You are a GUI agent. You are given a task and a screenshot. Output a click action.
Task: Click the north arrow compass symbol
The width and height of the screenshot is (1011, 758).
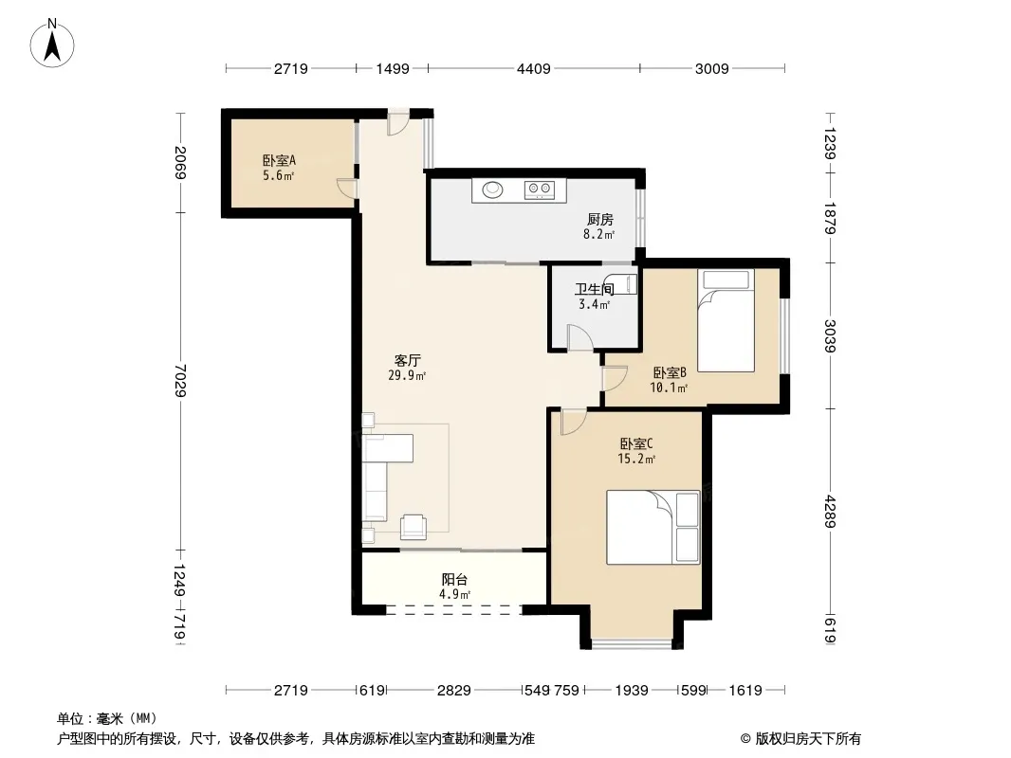[52, 44]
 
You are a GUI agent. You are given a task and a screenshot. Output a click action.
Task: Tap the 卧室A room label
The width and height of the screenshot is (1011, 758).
[279, 160]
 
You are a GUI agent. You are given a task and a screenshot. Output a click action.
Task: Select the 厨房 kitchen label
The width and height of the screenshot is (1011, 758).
[599, 220]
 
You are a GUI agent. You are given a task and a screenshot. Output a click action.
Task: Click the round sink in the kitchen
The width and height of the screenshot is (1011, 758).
[492, 189]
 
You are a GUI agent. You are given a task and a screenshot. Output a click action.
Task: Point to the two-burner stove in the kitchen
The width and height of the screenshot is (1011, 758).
[540, 189]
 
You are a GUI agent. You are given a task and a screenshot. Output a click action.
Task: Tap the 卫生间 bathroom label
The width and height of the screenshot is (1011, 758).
[594, 289]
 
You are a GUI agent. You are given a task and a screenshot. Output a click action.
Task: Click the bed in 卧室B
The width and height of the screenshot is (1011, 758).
[726, 320]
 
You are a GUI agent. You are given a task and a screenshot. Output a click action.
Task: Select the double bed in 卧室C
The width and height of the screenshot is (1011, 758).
[653, 528]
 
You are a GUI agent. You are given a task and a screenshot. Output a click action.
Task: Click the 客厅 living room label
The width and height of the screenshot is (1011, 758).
[408, 360]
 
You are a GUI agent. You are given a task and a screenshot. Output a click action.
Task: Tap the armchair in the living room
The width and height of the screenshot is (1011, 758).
[413, 527]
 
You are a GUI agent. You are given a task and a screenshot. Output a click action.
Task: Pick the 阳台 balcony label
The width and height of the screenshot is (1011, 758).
[454, 580]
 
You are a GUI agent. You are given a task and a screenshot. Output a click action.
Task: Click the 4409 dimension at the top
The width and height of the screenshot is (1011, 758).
[534, 69]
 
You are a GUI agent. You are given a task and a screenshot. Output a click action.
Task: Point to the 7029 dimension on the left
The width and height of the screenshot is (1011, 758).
[180, 381]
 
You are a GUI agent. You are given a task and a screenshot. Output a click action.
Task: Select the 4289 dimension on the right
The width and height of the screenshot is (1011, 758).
[830, 512]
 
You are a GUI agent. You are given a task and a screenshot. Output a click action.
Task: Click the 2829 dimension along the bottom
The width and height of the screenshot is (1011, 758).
[454, 691]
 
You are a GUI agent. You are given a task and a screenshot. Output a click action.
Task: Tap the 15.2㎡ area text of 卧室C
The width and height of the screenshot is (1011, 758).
[636, 460]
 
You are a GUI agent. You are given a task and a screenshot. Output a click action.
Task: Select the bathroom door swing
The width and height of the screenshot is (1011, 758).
[580, 338]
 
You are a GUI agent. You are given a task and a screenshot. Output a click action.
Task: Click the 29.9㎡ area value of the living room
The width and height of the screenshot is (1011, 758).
[407, 375]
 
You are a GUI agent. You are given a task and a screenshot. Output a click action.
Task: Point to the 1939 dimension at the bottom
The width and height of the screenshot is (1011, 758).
[632, 691]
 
